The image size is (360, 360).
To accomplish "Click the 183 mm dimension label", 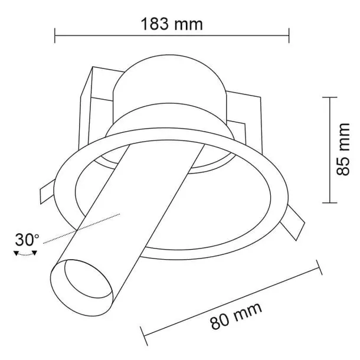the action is pyautogui.click(x=172, y=24).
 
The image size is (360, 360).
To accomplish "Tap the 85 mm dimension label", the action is pyautogui.click(x=343, y=149).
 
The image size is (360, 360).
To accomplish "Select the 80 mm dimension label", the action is pyautogui.click(x=236, y=316).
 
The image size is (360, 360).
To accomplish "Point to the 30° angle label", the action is pyautogui.click(x=27, y=240).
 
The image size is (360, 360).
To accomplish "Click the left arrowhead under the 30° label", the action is pyautogui.click(x=16, y=253).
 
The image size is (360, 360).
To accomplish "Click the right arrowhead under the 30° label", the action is pyautogui.click(x=34, y=253).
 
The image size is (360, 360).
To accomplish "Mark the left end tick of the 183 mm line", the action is pyautogui.click(x=55, y=35).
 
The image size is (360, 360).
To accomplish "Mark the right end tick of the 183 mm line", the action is pyautogui.click(x=289, y=35).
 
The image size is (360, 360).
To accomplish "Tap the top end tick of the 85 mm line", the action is pyautogui.click(x=330, y=97).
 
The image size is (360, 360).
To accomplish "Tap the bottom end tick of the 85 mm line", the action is pyautogui.click(x=330, y=203).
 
